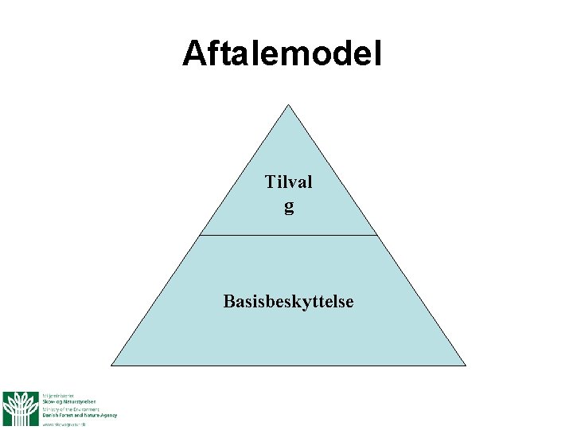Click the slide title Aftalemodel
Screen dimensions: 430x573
coord(282,54)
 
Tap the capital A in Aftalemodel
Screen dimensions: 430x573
coord(193,54)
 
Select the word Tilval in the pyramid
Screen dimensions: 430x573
coord(288,182)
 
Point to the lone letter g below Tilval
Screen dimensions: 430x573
coord(288,207)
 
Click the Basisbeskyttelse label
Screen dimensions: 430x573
coord(288,302)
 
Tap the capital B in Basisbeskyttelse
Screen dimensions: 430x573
coord(229,302)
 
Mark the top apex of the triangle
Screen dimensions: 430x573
coord(288,104)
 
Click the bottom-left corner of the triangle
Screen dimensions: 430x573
coord(111,365)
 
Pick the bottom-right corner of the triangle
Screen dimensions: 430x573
coord(465,365)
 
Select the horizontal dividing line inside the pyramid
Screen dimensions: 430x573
coord(288,235)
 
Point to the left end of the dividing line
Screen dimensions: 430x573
coord(201,235)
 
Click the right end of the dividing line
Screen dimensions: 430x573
coord(376,235)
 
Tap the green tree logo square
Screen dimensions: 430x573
coord(20,408)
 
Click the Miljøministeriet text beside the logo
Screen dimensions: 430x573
coord(58,394)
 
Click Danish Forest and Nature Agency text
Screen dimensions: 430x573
coord(79,415)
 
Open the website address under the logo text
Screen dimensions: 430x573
coord(64,424)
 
